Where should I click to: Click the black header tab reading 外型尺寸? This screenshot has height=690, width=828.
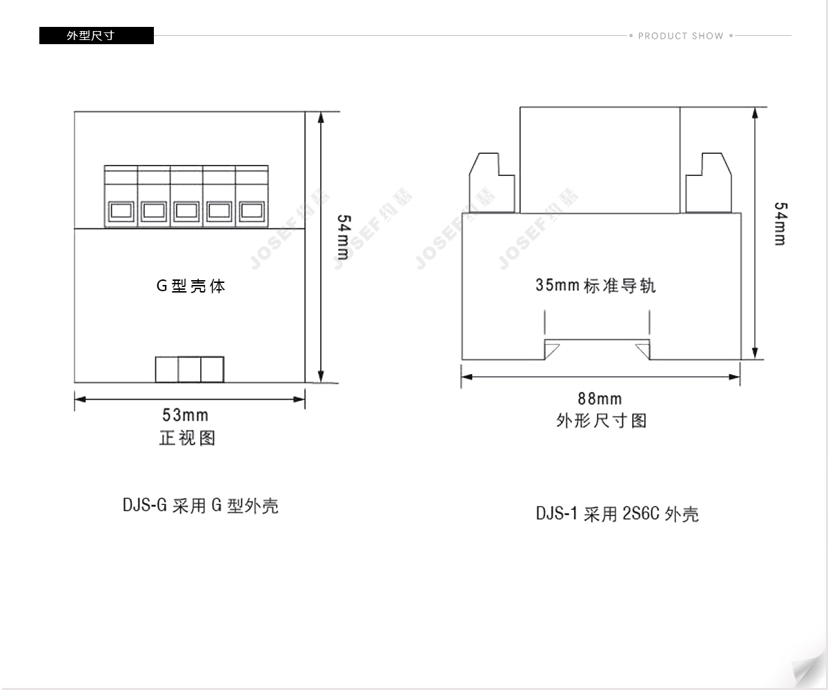[97, 35]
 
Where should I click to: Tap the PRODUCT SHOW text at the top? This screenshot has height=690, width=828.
[680, 36]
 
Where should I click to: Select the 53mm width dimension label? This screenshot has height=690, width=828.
[185, 415]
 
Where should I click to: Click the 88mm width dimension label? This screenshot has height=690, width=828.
[600, 399]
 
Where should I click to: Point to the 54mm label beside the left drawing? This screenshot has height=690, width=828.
[344, 237]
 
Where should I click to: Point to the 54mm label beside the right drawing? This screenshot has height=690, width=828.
[781, 224]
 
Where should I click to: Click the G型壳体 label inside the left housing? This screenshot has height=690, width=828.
[190, 286]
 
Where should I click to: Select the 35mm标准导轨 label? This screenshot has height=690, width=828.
[595, 286]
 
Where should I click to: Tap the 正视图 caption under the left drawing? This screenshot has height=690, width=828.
[187, 438]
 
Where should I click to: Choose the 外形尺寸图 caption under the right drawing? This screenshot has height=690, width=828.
[602, 421]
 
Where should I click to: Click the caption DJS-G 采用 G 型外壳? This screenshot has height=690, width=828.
[201, 506]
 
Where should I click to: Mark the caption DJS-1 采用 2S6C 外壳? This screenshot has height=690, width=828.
[617, 514]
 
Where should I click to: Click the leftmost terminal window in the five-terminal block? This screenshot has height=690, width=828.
[121, 210]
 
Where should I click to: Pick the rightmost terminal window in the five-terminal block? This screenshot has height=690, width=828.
[252, 210]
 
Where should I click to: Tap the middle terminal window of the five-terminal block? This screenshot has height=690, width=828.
[186, 210]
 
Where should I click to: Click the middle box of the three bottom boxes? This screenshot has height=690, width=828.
[190, 370]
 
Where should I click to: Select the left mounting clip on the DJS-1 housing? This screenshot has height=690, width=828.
[492, 184]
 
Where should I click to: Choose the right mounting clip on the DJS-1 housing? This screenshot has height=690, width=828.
[709, 184]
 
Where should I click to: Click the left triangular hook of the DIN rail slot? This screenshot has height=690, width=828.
[550, 350]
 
